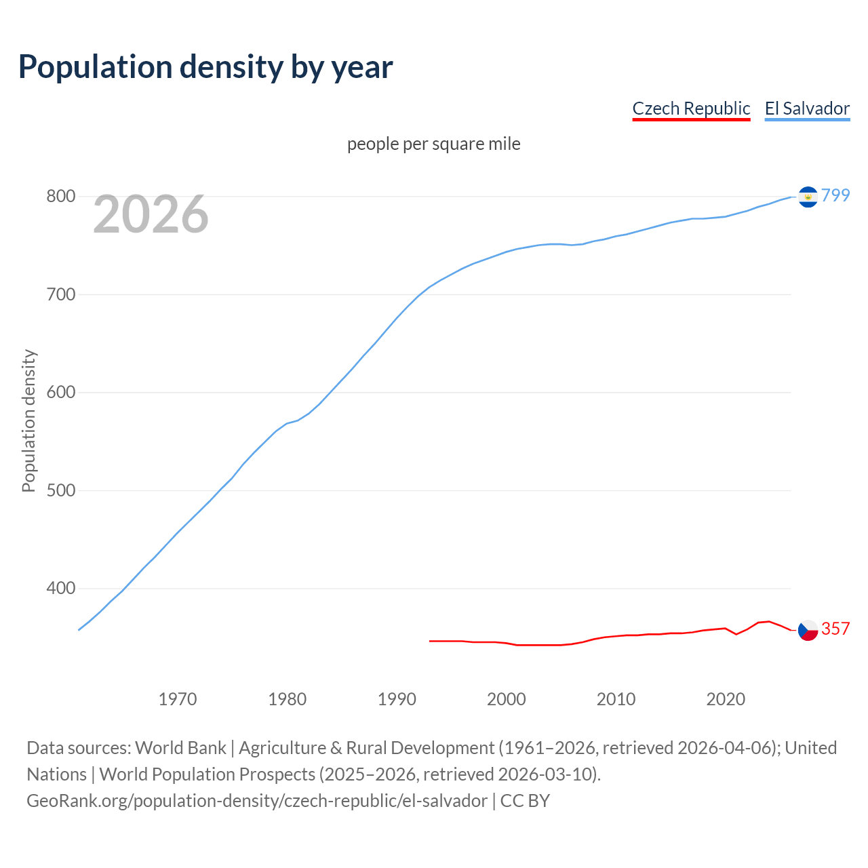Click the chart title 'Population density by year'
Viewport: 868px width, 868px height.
(x=205, y=66)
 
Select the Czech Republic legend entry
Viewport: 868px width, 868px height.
(x=691, y=108)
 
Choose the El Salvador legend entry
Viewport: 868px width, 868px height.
(x=807, y=108)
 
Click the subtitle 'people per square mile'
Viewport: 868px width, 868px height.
(x=434, y=144)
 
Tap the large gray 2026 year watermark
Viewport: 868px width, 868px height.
(x=151, y=214)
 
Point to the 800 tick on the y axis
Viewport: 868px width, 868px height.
(x=60, y=197)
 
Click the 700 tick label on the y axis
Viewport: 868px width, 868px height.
(x=60, y=294)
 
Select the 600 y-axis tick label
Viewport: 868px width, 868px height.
(x=60, y=393)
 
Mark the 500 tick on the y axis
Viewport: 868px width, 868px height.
(x=60, y=490)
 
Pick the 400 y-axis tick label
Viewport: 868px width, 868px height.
(x=60, y=588)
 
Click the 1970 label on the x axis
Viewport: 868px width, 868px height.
(x=178, y=699)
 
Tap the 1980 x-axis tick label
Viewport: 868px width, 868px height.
(x=288, y=699)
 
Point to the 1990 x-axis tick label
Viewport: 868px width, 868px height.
(x=397, y=699)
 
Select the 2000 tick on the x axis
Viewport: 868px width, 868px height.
(x=507, y=699)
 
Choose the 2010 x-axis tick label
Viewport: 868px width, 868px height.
(x=616, y=699)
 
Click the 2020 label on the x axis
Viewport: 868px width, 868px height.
(x=726, y=699)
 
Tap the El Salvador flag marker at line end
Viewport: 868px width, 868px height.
(x=808, y=197)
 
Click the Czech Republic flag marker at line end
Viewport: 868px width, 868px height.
(x=808, y=630)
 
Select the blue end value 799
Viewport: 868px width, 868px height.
(x=835, y=195)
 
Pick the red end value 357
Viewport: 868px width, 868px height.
(x=835, y=629)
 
